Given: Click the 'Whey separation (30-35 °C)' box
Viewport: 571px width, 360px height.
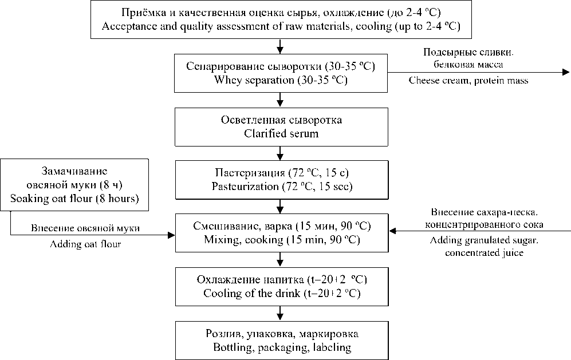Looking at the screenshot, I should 281,73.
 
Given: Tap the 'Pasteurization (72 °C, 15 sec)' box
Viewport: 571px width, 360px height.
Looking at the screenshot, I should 281,180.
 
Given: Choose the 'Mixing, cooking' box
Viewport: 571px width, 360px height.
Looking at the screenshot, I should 281,232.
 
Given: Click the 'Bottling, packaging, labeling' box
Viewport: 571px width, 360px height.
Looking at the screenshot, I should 281,340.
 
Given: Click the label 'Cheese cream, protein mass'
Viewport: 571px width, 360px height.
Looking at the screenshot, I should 468,81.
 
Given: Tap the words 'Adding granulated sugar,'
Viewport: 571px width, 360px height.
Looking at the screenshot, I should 484,241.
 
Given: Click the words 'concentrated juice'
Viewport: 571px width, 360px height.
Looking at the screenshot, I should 484,253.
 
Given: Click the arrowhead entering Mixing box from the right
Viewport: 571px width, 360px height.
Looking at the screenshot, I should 392,232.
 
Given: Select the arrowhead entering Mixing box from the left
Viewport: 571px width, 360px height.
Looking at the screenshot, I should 171,234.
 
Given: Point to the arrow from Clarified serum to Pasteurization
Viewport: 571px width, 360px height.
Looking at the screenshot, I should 281,153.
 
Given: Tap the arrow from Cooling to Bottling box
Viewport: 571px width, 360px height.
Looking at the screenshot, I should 281,313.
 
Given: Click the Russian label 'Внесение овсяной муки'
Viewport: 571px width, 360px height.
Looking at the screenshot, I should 93,228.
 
